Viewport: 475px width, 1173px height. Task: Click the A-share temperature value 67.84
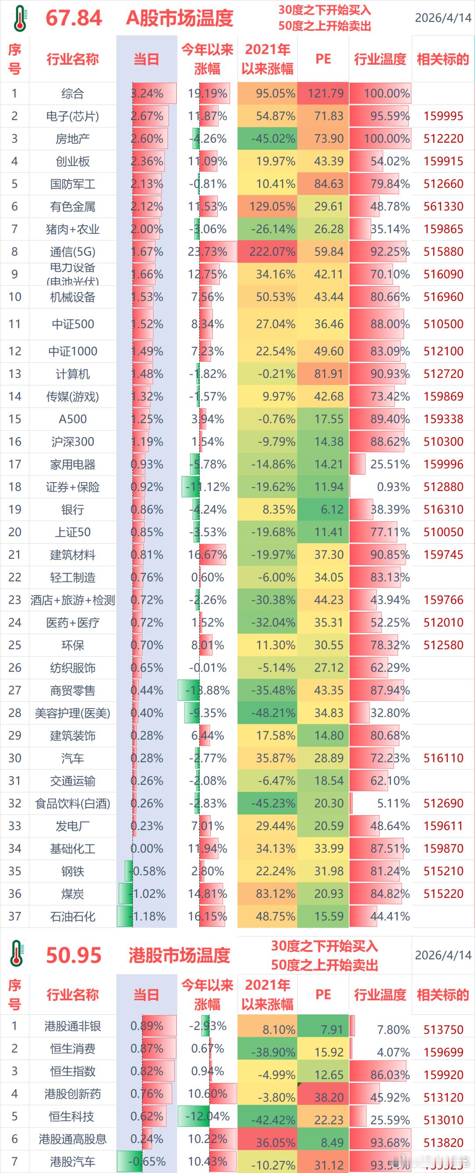point(74,18)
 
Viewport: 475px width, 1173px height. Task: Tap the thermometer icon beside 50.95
point(17,954)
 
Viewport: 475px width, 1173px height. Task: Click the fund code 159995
point(443,116)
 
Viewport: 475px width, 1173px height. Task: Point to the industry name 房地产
point(73,139)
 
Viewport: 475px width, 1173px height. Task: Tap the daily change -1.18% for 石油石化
point(147,916)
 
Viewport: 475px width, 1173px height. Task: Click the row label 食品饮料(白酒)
point(73,803)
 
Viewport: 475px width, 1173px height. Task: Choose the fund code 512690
point(443,803)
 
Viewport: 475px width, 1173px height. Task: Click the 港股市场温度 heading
point(179,955)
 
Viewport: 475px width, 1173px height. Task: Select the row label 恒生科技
point(73,1116)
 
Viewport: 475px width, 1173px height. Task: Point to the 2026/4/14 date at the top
point(442,18)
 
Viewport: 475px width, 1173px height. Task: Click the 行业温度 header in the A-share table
point(380,59)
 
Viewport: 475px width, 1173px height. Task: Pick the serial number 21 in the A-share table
point(15,555)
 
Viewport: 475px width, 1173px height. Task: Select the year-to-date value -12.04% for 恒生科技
point(208,1116)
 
